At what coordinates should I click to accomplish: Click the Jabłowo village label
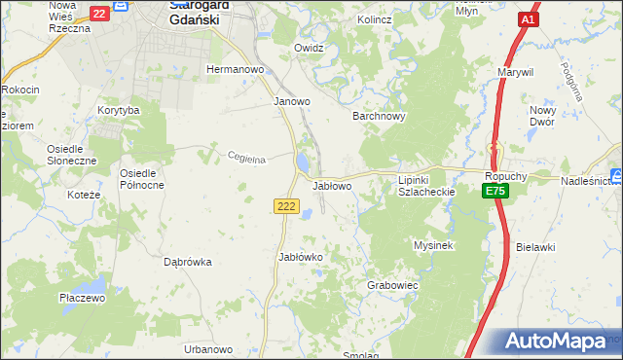coord(332,185)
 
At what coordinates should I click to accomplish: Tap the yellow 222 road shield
coord(285,206)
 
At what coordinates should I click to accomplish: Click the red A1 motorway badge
coord(528,19)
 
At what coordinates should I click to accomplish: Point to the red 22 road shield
coord(99,14)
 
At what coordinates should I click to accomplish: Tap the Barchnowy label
coord(378,115)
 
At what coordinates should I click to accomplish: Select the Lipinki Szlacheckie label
coord(427,186)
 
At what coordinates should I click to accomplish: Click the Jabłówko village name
coord(301,257)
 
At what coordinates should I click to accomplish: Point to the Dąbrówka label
coord(188,262)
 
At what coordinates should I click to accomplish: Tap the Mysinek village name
coord(434,245)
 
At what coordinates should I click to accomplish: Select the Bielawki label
coord(536,247)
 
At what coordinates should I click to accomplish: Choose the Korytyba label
coord(119,111)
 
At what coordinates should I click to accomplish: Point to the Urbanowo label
coord(209,349)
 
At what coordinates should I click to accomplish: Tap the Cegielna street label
coord(246,160)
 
